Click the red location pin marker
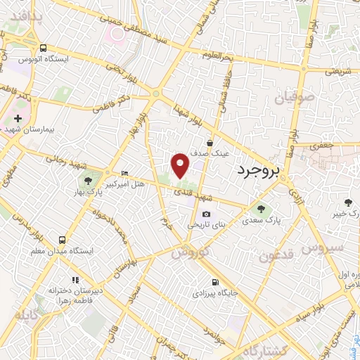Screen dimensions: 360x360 point(181,165)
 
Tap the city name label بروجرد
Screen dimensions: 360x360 point(258,170)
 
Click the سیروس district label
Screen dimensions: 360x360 point(323,248)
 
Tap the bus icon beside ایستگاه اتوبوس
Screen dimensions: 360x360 point(44,49)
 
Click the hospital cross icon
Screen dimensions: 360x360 point(18,120)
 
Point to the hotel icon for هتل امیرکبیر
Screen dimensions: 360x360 point(125,174)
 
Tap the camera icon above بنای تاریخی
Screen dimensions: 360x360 point(206,214)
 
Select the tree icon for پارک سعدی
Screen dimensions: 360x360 point(262,208)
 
